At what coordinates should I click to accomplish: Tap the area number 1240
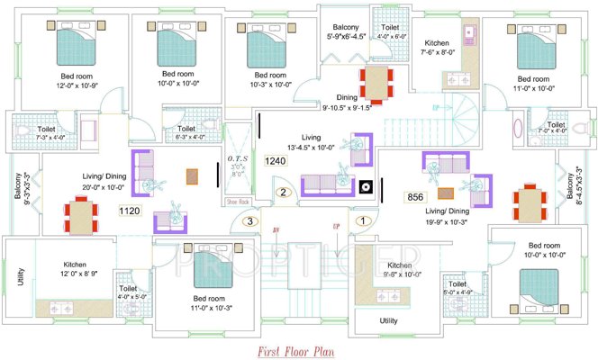click(276, 161)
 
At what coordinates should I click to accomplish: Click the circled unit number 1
click(363, 220)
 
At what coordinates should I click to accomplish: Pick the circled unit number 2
click(283, 192)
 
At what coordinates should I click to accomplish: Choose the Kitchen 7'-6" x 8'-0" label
click(438, 49)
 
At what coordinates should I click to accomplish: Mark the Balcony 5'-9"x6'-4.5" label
click(346, 32)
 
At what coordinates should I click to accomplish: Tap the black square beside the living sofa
click(366, 188)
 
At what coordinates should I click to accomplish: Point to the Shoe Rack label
click(238, 202)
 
